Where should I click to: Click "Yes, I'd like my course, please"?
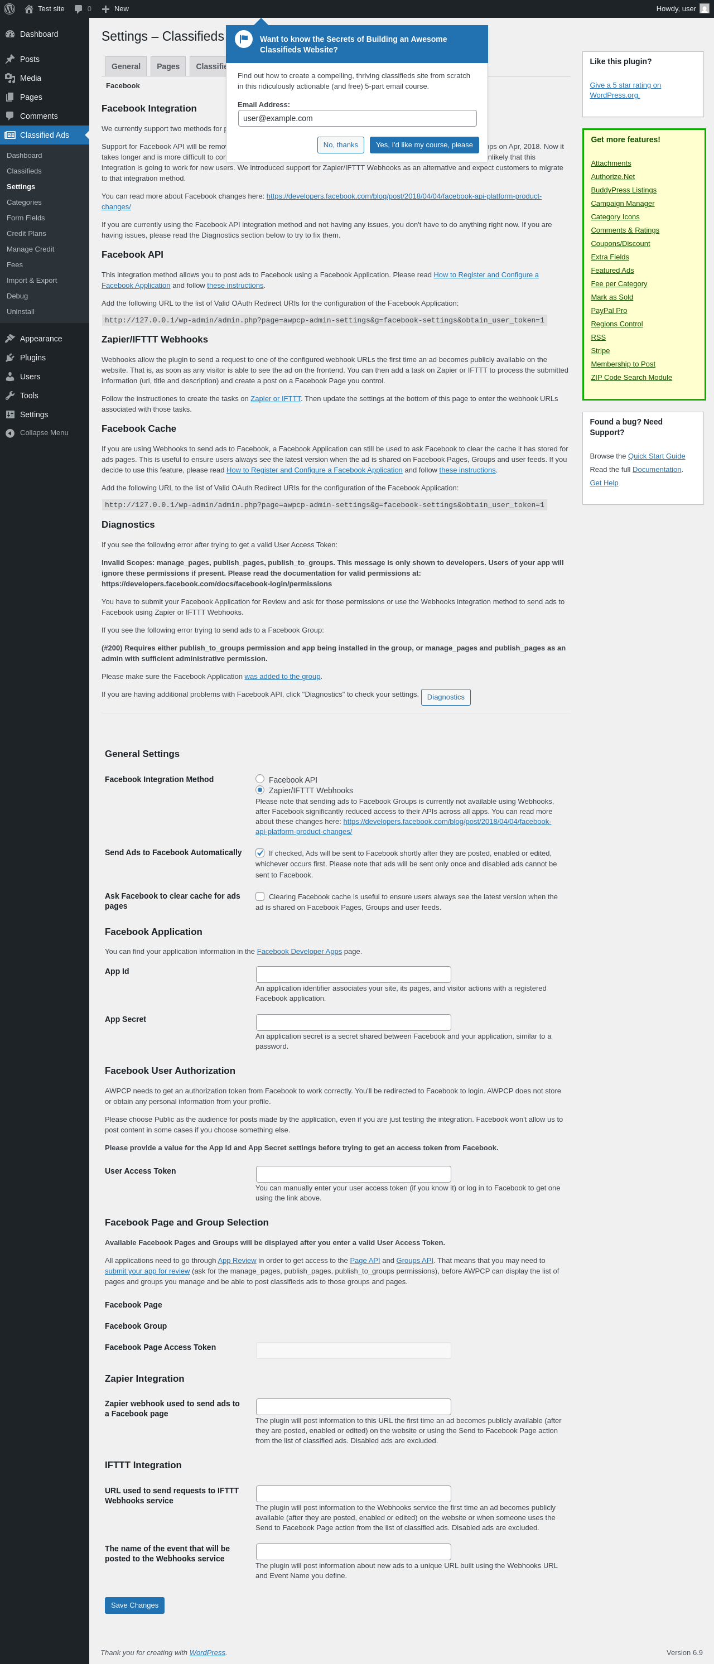[424, 144]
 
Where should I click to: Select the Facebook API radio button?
[260, 779]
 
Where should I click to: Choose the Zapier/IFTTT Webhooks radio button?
[260, 790]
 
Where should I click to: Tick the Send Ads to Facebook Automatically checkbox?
[260, 853]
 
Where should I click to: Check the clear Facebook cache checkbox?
[260, 896]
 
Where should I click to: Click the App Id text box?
[353, 974]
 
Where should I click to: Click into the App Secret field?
[353, 1022]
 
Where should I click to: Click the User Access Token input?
[353, 1174]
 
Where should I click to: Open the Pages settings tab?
[168, 66]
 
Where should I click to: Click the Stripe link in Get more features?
[600, 351]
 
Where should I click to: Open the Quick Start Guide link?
[656, 456]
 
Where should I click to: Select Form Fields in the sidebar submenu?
[26, 218]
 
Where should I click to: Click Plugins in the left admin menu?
[32, 357]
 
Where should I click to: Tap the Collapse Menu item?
[44, 433]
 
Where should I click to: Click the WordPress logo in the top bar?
[9, 8]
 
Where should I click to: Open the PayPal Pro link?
[609, 311]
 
